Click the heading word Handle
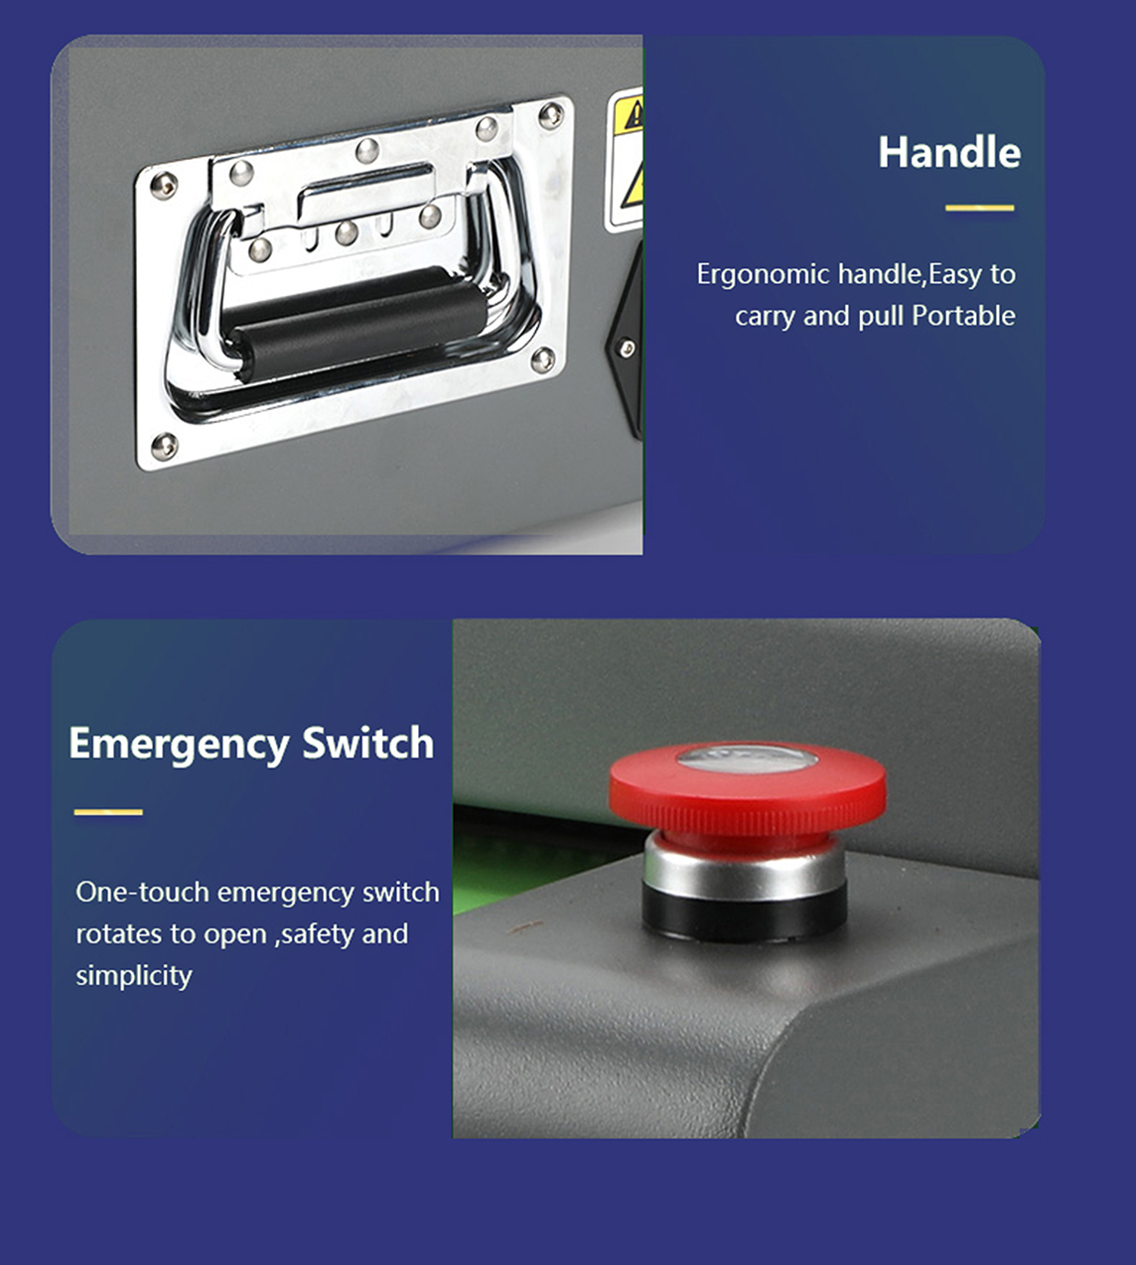coord(949,153)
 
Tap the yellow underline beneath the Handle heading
coord(979,208)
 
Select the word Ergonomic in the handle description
coord(764,275)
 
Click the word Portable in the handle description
coord(963,316)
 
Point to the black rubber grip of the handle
coord(355,324)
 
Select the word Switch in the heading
coord(367,743)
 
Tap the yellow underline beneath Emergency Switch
coord(108,812)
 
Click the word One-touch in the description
coord(142,893)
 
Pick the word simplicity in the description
coord(134,975)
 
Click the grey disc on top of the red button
coord(748,759)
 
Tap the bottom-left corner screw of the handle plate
coord(164,447)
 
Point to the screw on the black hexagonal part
coord(627,349)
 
